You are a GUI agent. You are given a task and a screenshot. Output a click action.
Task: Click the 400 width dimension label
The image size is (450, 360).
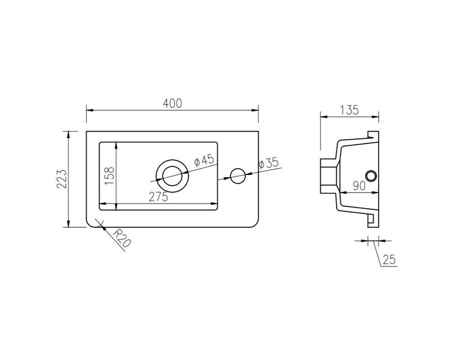point(173,103)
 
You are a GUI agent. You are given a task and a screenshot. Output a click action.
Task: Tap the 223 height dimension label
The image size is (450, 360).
point(62,179)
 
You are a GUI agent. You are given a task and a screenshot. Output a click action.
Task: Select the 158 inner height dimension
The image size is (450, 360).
point(109,175)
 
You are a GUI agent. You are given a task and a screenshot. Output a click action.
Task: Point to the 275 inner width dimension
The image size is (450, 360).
point(159,197)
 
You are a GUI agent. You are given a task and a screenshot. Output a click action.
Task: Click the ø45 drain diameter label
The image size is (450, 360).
point(204,160)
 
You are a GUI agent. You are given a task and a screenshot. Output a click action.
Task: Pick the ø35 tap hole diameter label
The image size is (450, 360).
point(269,163)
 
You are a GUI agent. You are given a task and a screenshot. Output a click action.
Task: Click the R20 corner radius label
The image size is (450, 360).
point(121,238)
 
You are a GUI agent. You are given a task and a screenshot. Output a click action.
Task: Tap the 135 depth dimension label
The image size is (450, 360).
point(349,110)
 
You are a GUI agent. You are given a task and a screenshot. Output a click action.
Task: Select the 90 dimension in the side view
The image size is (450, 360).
point(359,186)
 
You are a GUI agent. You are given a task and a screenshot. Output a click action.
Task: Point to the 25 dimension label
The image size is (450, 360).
point(389,260)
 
